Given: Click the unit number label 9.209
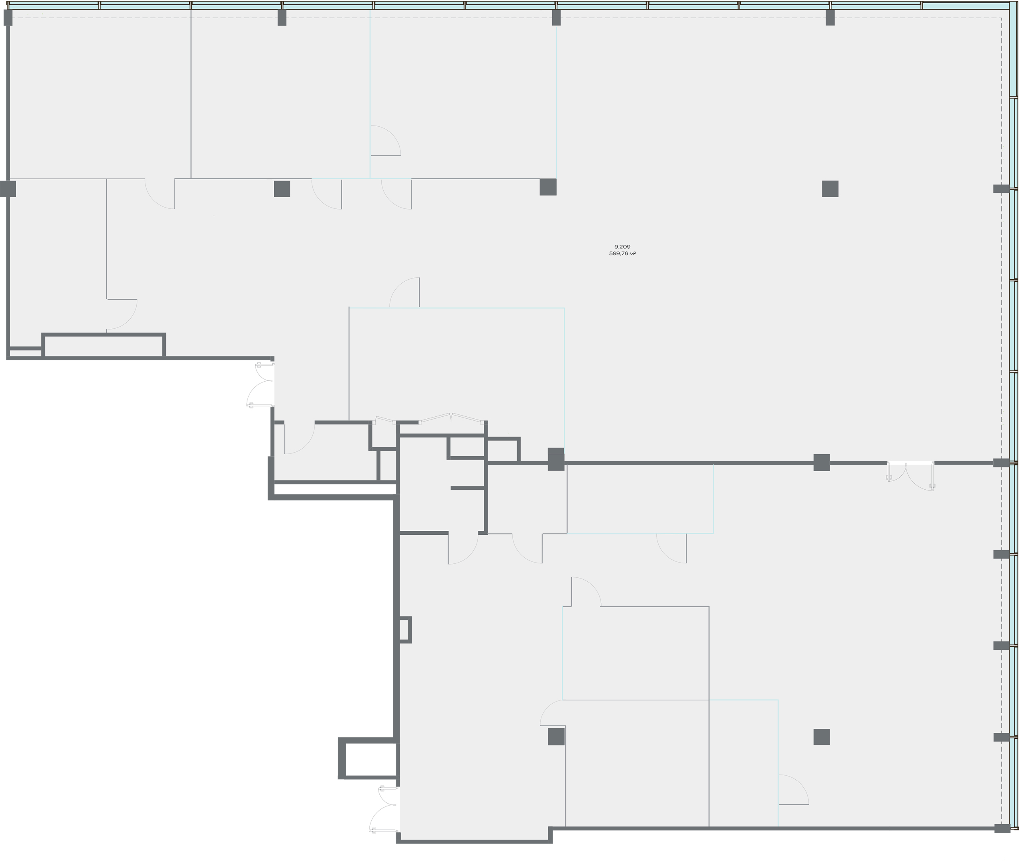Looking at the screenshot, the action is (x=622, y=247).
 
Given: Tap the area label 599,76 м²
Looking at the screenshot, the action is (x=622, y=254).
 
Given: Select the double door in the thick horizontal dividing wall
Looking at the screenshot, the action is (x=911, y=475).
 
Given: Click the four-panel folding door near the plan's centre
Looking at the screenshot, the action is (x=452, y=418).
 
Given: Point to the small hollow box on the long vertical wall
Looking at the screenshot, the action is (x=405, y=630).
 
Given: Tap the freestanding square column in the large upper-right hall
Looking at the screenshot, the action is (x=830, y=189).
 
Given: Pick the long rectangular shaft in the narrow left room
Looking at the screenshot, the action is (x=104, y=345).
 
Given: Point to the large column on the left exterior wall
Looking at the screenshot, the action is (x=8, y=189).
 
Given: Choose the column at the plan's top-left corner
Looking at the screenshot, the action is (x=8, y=18).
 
